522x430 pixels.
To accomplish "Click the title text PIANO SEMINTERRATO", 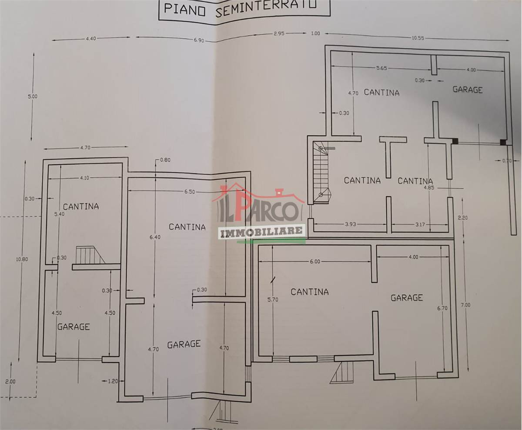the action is point(240,9).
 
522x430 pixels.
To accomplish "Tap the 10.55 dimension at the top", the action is point(418,38).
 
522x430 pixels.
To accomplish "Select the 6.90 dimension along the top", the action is point(199,40).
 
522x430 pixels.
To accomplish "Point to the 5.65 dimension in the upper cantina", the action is point(381,68).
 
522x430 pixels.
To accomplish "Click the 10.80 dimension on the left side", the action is point(22,260).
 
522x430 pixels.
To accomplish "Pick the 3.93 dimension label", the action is point(350,224).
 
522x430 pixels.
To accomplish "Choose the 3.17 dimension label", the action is point(420,224).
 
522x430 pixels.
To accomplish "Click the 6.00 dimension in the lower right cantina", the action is point(315,262).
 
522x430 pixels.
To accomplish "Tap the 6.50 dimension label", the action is point(190,192).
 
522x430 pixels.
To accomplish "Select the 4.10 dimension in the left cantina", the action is point(84,178).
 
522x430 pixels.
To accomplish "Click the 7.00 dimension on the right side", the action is point(465,305).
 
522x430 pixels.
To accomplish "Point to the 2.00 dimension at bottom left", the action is point(10,382).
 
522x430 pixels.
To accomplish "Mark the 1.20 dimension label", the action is point(113,381).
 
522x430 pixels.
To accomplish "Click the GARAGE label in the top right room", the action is point(468,90).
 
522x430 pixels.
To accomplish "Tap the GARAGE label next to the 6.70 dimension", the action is point(407,297).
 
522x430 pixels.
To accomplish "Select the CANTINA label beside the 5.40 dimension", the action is point(81,207).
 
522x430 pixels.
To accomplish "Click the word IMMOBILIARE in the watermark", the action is point(261,231).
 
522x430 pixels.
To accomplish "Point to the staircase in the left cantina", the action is point(90,255).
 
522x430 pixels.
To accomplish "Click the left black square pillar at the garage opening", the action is point(455,141).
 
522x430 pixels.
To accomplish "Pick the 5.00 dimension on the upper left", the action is point(33,96).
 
